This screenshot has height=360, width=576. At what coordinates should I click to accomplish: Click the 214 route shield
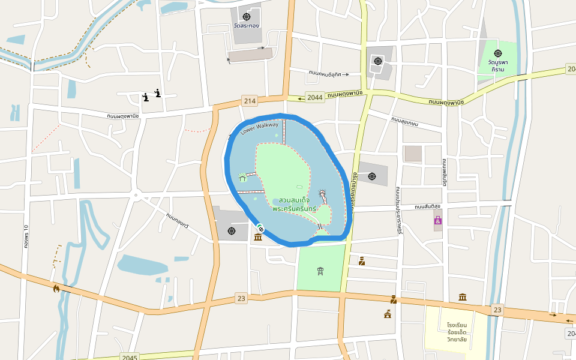tap(250, 100)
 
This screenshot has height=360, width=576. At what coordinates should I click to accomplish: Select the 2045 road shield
tap(129, 356)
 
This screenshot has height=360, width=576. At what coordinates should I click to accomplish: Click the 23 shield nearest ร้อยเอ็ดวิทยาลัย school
tap(497, 309)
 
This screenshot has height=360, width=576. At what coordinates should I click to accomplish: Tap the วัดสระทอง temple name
tap(247, 26)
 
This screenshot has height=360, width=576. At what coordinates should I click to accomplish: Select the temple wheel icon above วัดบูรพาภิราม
tap(497, 53)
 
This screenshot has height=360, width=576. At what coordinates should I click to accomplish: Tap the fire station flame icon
tap(56, 289)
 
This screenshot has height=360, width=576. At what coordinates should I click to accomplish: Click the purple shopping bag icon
tap(438, 221)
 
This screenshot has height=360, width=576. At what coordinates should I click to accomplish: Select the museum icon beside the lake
tap(258, 238)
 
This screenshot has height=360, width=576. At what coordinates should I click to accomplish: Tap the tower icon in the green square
tap(320, 271)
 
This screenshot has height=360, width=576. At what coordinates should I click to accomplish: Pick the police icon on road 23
tap(393, 299)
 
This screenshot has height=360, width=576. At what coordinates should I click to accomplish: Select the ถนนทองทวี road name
tap(178, 220)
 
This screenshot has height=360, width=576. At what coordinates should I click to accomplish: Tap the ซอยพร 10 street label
tap(26, 236)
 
